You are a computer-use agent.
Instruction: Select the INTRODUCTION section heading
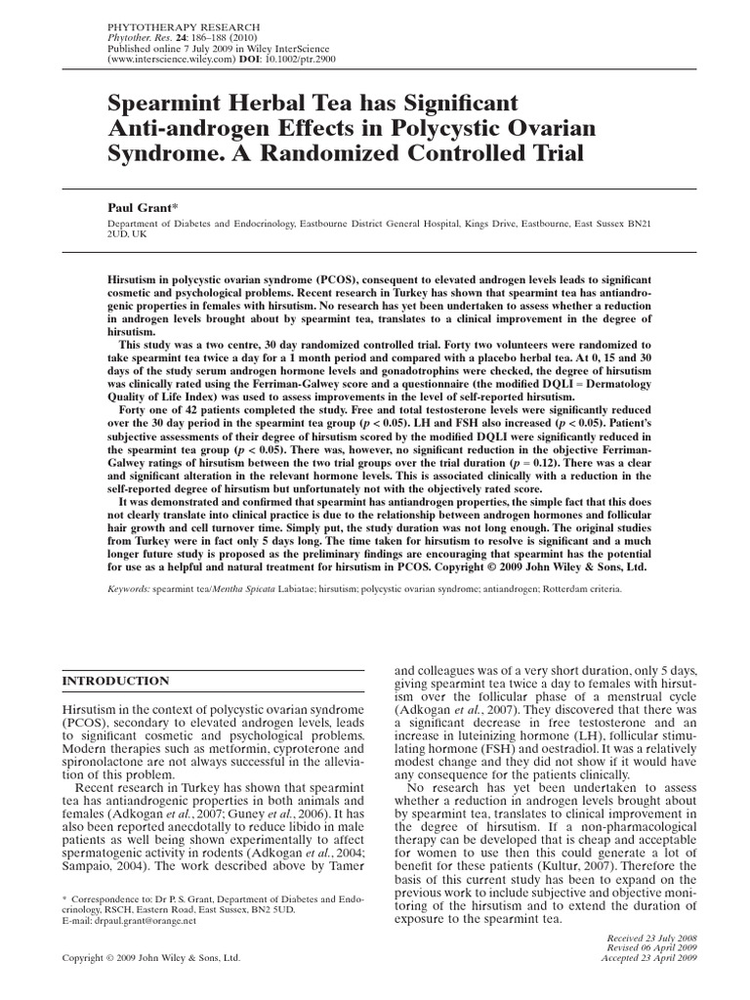(x=115, y=681)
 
